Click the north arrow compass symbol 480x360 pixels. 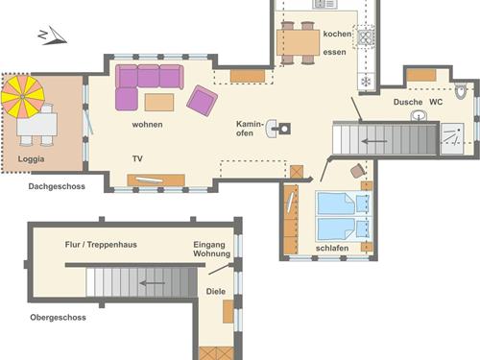(53, 36)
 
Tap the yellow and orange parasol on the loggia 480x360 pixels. (22, 96)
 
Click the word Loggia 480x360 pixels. (31, 159)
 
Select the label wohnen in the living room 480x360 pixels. (147, 124)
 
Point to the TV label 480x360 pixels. (137, 158)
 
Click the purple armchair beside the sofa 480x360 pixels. (202, 101)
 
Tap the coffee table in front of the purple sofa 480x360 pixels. (159, 102)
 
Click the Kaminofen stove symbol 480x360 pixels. (278, 129)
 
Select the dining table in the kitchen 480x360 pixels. (298, 42)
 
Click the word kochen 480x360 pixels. (337, 34)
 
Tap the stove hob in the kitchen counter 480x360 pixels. (366, 37)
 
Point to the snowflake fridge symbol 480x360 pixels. (366, 82)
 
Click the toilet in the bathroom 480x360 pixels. (461, 91)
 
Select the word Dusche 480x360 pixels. (408, 102)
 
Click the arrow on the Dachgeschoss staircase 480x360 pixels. (374, 141)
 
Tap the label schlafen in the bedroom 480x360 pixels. (332, 248)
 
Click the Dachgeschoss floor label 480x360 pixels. (57, 186)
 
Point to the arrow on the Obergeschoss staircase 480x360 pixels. (153, 283)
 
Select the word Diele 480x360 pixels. (216, 291)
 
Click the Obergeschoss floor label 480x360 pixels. (58, 318)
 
